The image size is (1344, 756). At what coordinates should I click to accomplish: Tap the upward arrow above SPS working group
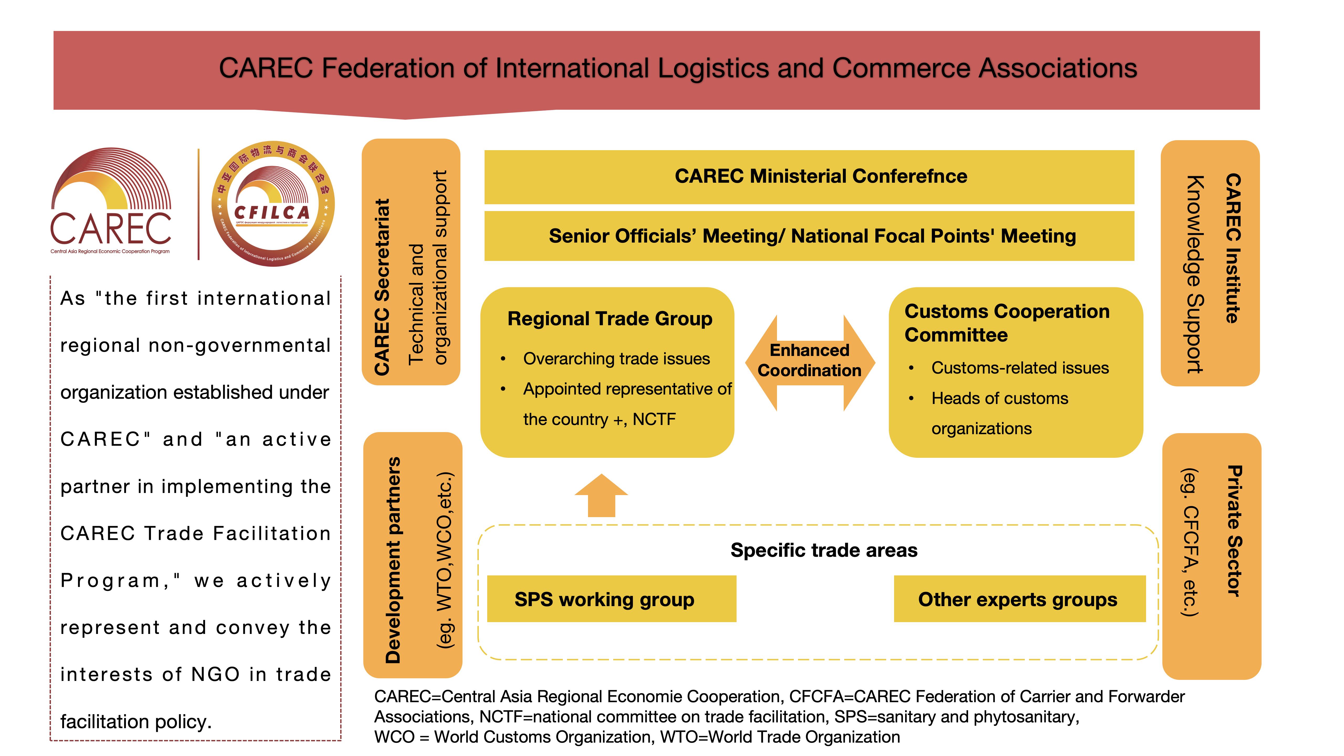click(x=602, y=496)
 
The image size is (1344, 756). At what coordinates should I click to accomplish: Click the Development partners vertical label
click(x=393, y=560)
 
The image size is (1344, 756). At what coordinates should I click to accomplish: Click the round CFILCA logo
click(x=273, y=204)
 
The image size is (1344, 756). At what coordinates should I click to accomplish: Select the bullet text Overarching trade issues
click(x=616, y=359)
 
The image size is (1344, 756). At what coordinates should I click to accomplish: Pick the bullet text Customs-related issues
click(x=1020, y=368)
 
